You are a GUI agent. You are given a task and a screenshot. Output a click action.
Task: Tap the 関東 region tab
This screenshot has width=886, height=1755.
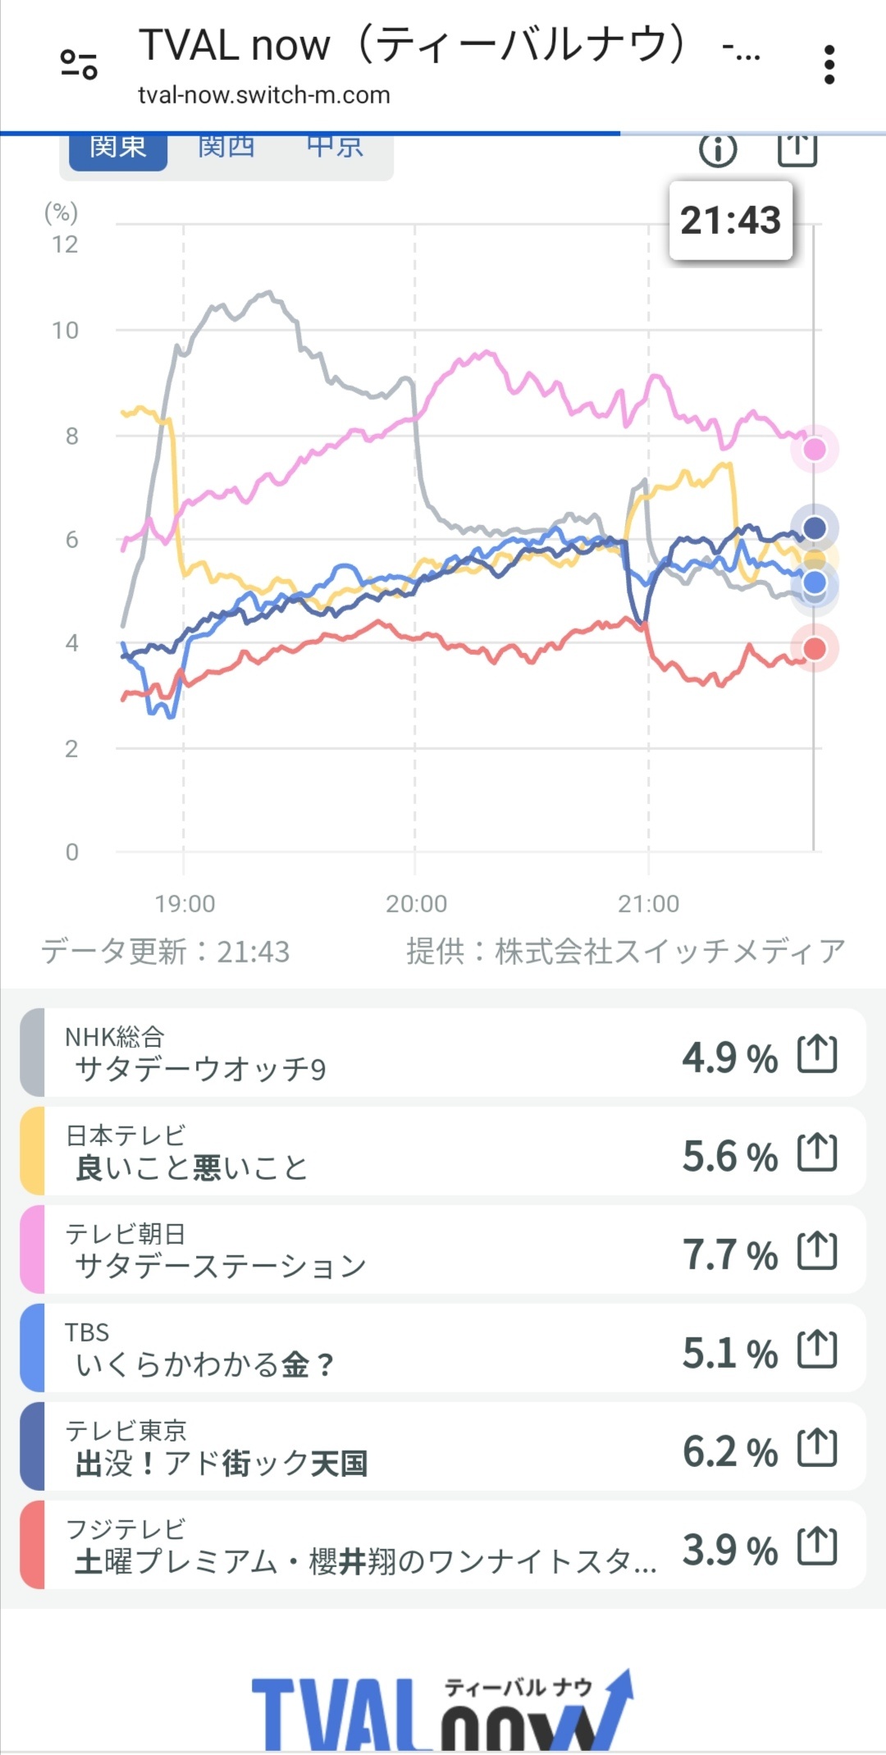pos(117,149)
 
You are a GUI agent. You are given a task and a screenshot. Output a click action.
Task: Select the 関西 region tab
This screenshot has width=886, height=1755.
pos(226,149)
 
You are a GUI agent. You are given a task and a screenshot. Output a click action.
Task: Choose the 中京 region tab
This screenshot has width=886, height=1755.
pos(335,149)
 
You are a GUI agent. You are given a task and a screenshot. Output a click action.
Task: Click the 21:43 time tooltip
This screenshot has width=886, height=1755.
pos(730,220)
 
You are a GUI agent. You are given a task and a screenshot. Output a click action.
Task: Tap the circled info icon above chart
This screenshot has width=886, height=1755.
pos(718,150)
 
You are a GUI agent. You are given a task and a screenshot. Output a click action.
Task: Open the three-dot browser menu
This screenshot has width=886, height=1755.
pos(829,64)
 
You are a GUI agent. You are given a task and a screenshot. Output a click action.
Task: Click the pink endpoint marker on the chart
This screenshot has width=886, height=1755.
pos(815,449)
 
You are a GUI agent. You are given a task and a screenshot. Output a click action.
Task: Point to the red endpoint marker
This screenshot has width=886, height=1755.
pos(815,648)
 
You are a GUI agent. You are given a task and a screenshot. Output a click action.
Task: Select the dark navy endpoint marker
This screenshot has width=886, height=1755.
pos(815,528)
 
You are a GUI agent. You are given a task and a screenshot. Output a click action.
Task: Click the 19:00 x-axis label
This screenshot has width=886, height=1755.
pos(185,903)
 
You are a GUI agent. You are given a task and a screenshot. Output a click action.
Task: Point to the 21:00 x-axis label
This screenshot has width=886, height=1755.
pos(648,903)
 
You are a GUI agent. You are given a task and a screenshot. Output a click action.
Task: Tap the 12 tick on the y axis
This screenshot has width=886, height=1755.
pos(65,245)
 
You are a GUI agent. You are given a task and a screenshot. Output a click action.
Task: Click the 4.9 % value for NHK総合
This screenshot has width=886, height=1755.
pos(729,1058)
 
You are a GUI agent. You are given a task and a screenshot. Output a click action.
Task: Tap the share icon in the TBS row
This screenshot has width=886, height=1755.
pos(818,1350)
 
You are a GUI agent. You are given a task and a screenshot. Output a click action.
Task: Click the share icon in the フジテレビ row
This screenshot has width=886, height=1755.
pos(818,1547)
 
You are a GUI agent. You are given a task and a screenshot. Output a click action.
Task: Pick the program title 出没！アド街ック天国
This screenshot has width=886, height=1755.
pos(221,1463)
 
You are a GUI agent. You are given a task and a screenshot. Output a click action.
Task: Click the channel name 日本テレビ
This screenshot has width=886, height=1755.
pos(126,1136)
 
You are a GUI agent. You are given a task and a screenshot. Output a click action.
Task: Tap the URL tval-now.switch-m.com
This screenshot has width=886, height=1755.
pos(263,95)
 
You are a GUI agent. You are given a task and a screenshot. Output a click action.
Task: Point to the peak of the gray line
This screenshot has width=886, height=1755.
pos(267,292)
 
